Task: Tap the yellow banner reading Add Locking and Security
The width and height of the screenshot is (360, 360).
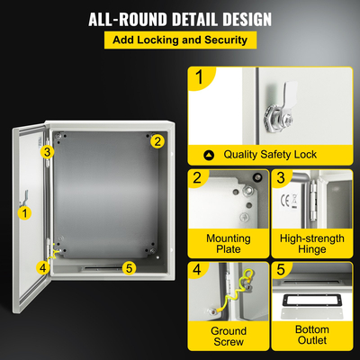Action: pyautogui.click(x=180, y=40)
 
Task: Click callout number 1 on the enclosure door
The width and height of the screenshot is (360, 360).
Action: pyautogui.click(x=25, y=213)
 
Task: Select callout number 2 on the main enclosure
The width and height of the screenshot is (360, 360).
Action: pyautogui.click(x=157, y=140)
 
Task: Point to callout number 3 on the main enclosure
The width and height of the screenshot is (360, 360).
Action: pyautogui.click(x=47, y=152)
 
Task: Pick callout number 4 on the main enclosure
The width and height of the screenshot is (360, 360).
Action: pyautogui.click(x=42, y=266)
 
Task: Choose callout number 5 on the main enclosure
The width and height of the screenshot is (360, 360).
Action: pyautogui.click(x=129, y=267)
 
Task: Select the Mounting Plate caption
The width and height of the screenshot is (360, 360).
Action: pyautogui.click(x=229, y=243)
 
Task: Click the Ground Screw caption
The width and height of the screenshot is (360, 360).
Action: pyautogui.click(x=229, y=337)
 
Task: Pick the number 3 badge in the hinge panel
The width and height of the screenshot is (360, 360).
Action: pyautogui.click(x=279, y=179)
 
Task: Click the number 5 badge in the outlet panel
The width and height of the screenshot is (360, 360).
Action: pyautogui.click(x=279, y=271)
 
